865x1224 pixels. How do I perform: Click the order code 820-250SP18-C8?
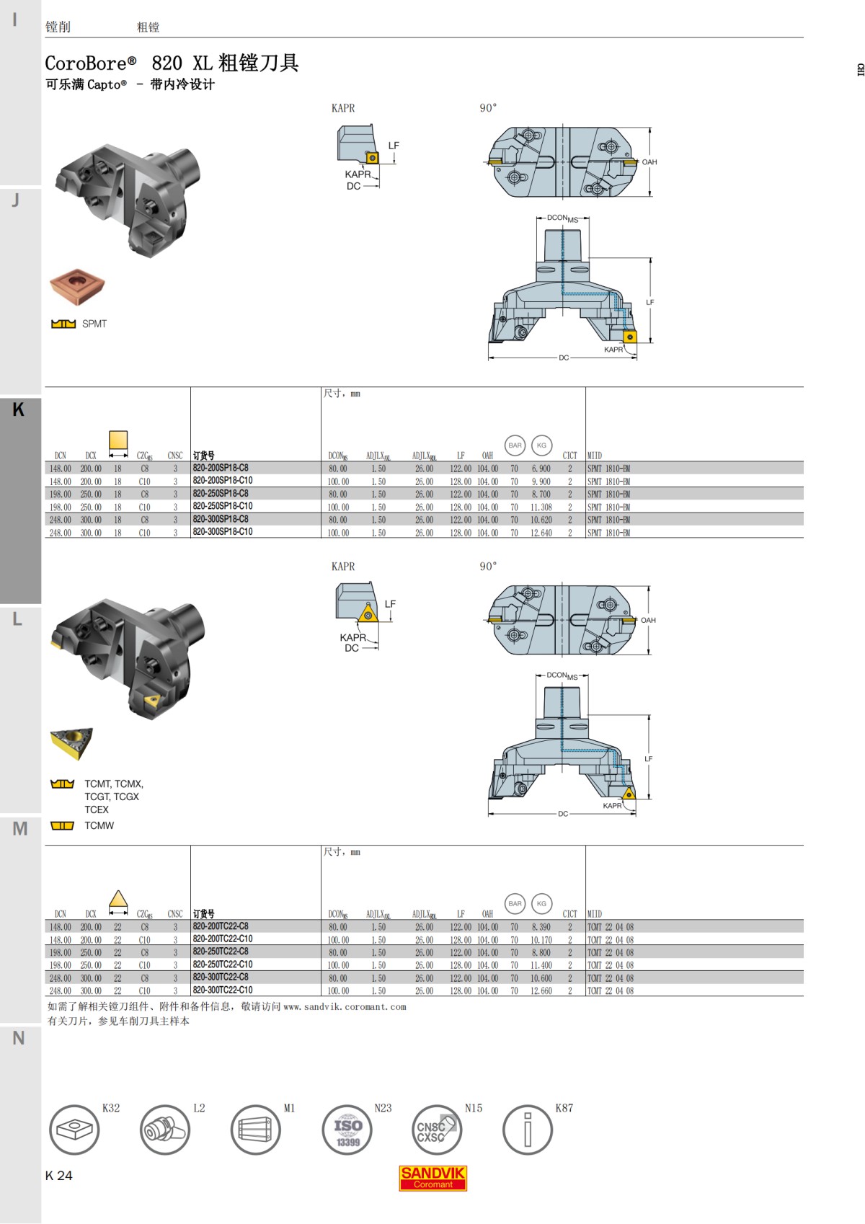click(221, 494)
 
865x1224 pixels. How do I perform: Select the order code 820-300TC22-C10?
click(223, 990)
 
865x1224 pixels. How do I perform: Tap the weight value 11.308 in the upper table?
click(541, 507)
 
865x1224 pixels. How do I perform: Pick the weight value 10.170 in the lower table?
click(541, 940)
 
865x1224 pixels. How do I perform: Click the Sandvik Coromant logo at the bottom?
click(432, 1178)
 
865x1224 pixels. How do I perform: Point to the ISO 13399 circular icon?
click(347, 1130)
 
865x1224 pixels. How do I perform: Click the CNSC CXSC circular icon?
click(436, 1130)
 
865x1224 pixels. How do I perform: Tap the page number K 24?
click(58, 1176)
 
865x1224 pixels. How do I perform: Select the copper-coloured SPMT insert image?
click(78, 287)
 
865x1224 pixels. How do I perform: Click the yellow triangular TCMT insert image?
click(72, 743)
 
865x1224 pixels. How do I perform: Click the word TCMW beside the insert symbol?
click(99, 825)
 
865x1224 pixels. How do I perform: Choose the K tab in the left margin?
click(19, 409)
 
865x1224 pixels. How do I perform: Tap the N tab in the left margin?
click(19, 1038)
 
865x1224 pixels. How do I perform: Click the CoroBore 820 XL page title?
click(172, 63)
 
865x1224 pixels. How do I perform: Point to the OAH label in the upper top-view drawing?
click(649, 162)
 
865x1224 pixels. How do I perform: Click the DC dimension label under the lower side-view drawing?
click(563, 814)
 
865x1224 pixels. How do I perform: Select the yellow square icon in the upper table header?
click(118, 440)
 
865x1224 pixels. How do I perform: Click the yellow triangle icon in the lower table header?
click(118, 900)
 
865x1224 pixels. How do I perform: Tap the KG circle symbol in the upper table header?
click(541, 445)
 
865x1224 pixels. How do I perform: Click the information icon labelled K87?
click(527, 1130)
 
